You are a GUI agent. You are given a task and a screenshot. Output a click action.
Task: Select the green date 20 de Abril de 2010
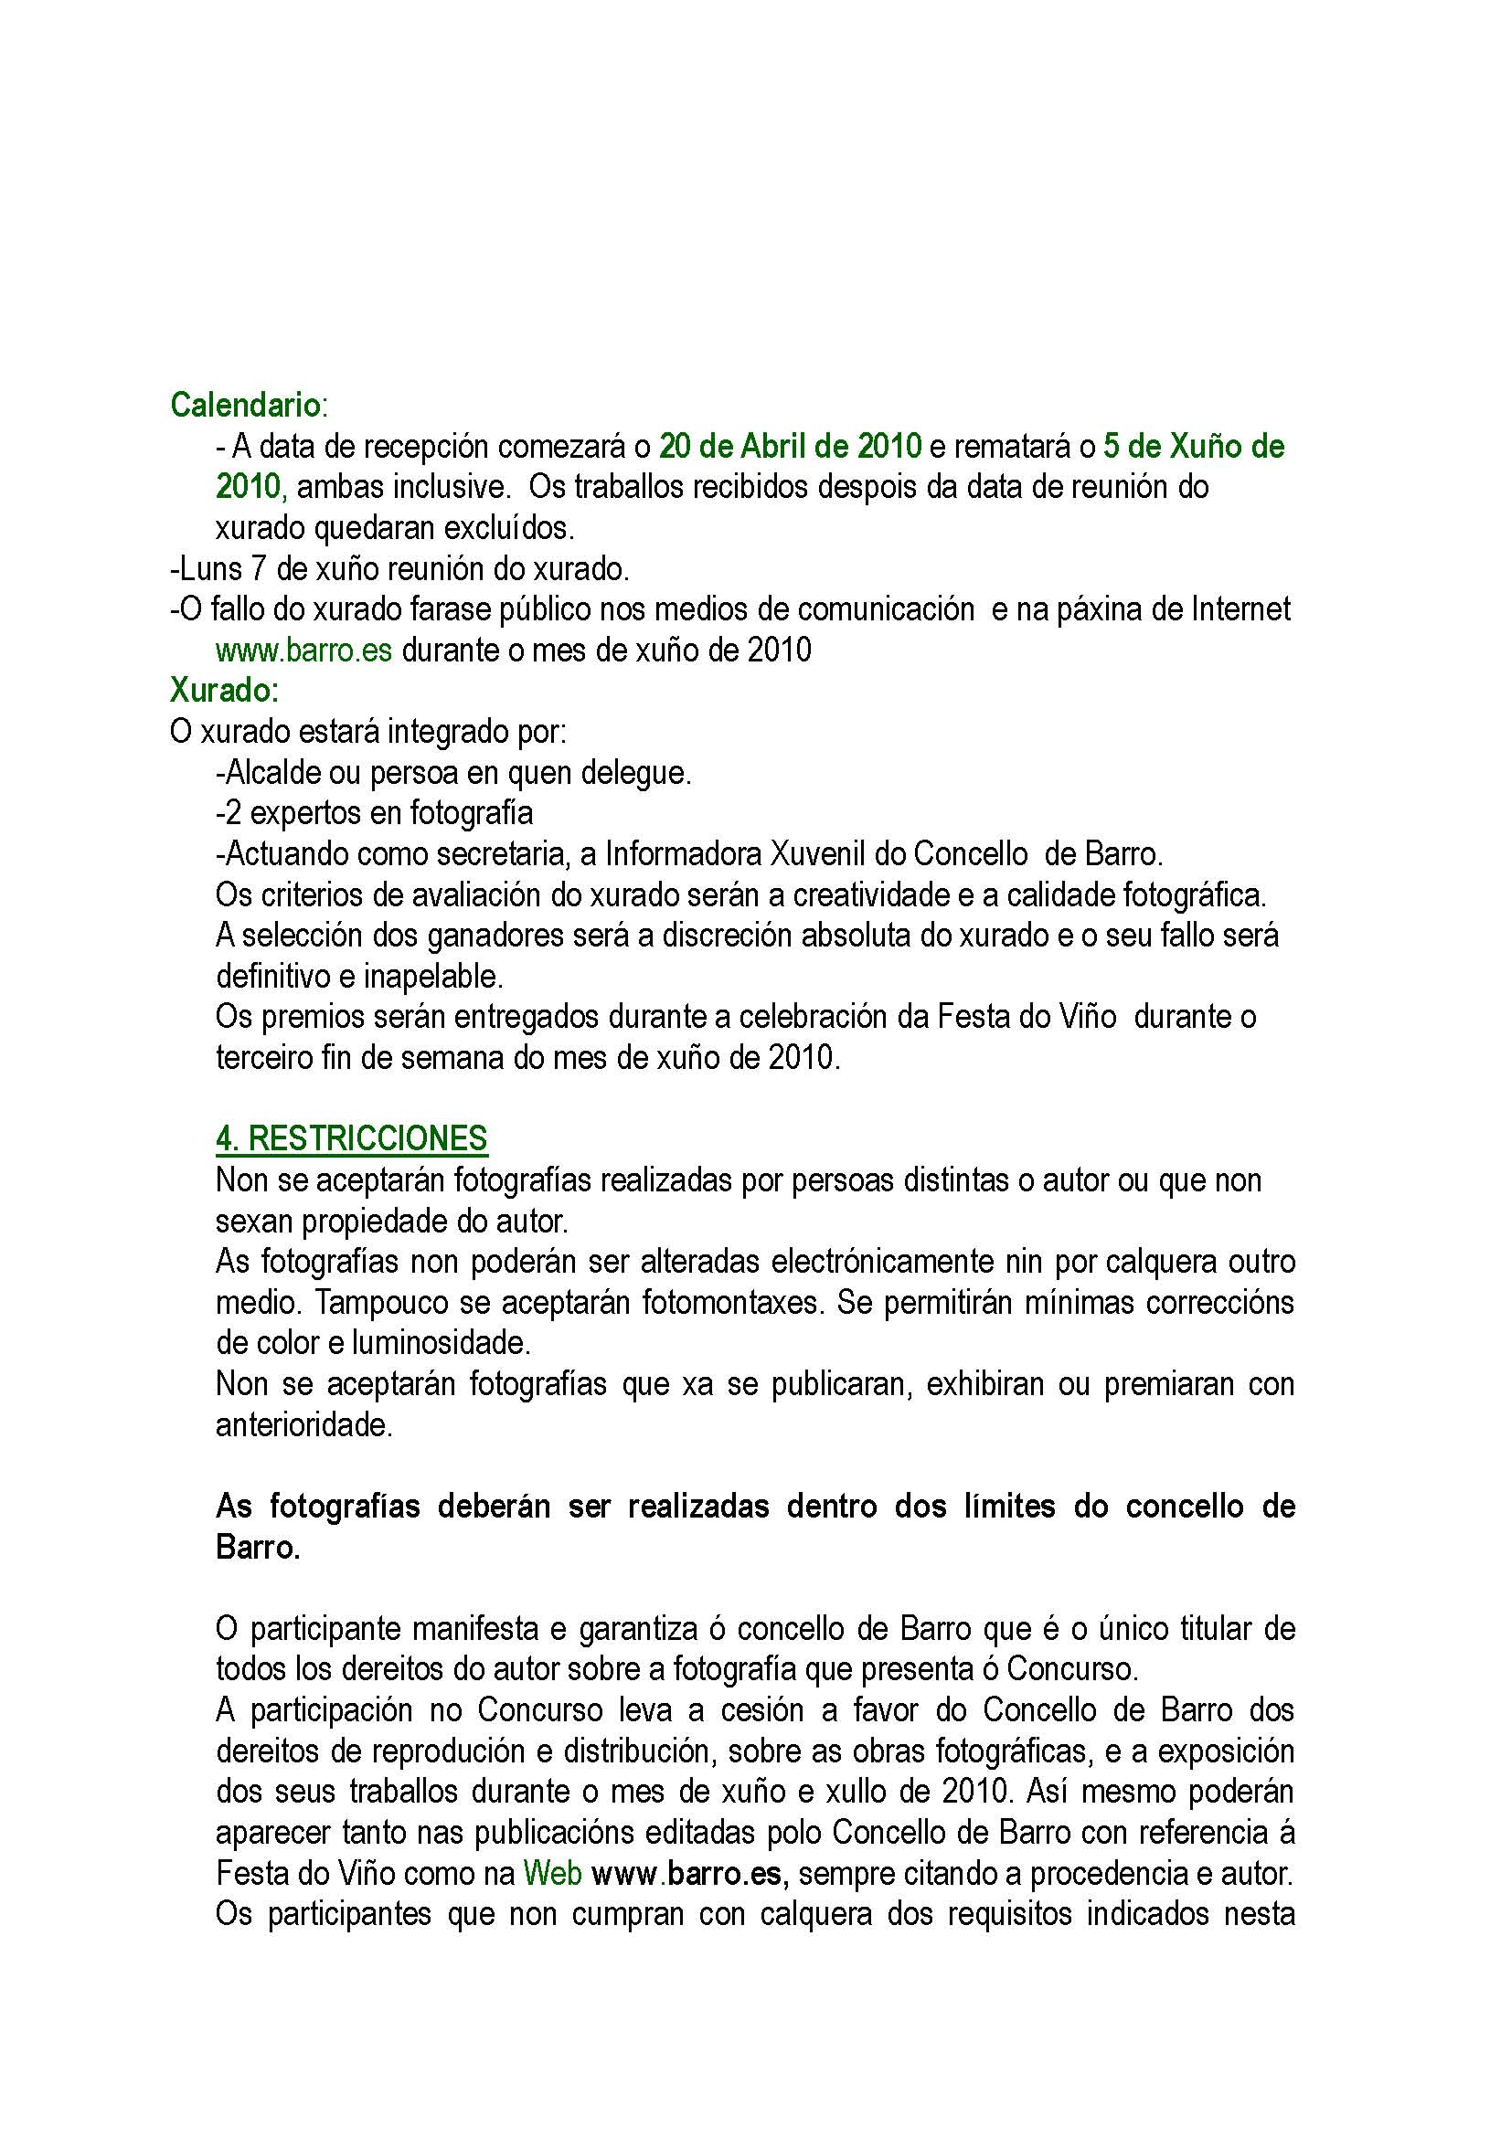pos(790,446)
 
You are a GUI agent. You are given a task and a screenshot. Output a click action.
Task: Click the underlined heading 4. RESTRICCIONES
pos(351,1138)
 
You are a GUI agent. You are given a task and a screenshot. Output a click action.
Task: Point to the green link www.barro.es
pos(303,650)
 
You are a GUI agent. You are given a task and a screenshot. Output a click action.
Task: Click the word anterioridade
pos(303,1425)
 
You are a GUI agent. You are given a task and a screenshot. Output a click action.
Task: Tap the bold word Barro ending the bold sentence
pos(257,1547)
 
